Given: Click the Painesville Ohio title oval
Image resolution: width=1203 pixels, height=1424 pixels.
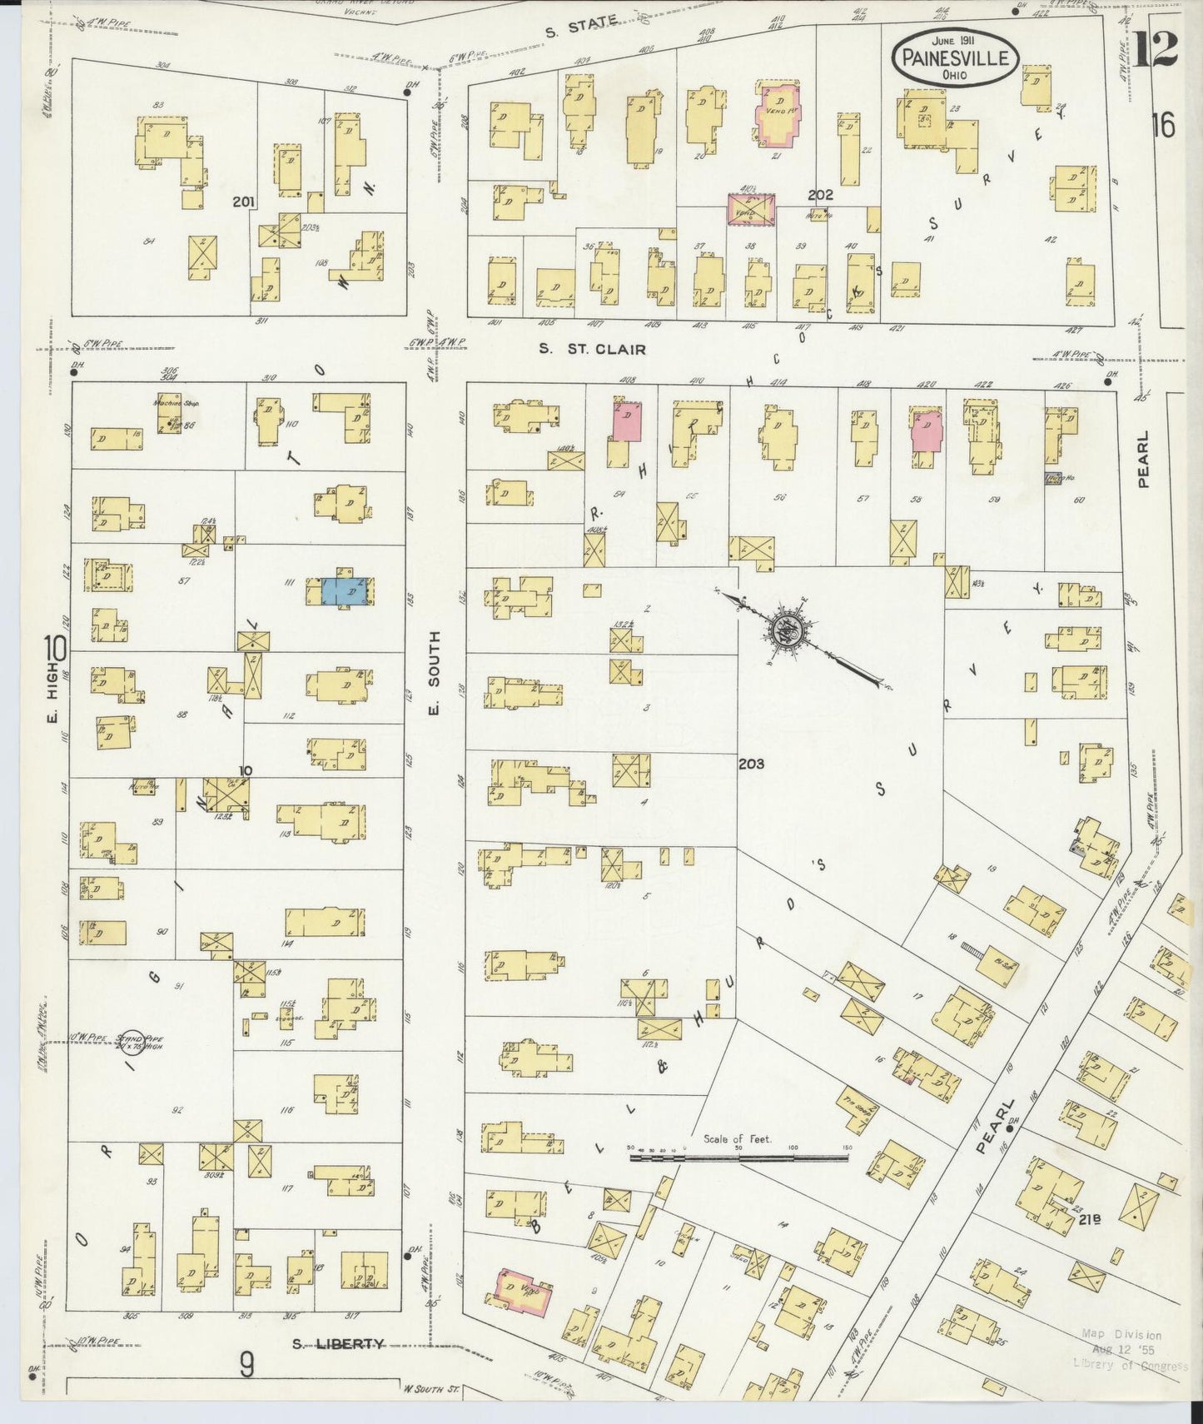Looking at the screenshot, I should click(955, 57).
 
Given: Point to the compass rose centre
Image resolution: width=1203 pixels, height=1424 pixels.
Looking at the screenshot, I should click(785, 630).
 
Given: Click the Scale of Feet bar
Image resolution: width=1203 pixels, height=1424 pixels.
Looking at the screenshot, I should click(738, 1157).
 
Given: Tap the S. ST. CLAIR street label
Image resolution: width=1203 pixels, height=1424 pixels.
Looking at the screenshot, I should click(592, 350).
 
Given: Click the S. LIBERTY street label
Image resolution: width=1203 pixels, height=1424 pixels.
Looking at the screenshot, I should click(339, 1343).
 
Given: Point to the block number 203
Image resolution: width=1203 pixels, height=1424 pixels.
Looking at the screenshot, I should click(751, 763).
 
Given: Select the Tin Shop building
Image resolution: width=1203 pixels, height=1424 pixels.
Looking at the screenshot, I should click(853, 1108).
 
